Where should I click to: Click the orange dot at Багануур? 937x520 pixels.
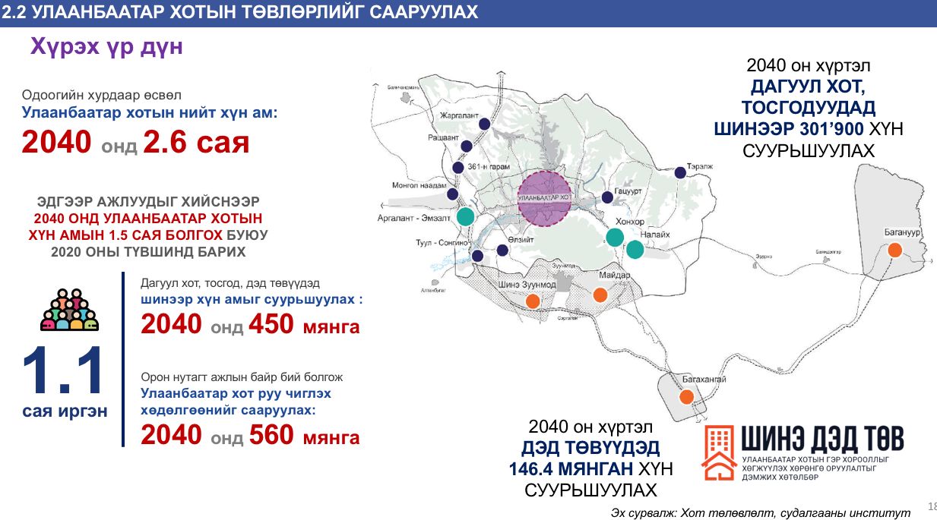click(895, 250)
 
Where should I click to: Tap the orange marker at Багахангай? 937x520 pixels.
click(687, 396)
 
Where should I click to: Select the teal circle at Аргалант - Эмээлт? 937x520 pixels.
click(466, 217)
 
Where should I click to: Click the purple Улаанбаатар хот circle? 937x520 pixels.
click(544, 198)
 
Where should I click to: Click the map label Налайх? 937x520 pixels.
click(654, 235)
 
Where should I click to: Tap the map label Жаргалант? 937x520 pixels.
click(459, 115)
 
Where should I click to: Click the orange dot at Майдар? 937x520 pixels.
click(600, 295)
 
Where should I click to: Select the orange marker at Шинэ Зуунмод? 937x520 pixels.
click(533, 301)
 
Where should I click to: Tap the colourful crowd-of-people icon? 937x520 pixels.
click(70, 310)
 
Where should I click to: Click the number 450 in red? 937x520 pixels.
click(267, 325)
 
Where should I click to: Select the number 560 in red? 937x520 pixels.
click(267, 435)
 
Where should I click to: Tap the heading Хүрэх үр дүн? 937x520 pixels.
click(106, 47)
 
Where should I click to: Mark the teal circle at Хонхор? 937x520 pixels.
click(615, 237)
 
